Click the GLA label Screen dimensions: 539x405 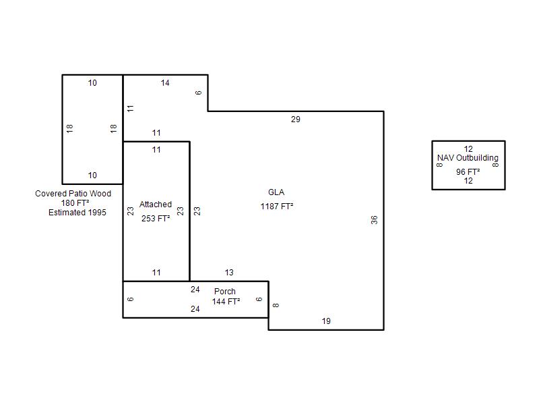click(x=276, y=192)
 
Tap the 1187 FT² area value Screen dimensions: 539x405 click(x=277, y=207)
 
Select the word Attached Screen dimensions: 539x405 click(x=156, y=205)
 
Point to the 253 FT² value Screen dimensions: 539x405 click(x=156, y=218)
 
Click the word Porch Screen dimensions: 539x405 click(x=225, y=292)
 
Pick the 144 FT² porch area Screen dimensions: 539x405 click(x=226, y=302)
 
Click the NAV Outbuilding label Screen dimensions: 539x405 click(x=468, y=158)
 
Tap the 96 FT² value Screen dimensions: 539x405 click(x=468, y=171)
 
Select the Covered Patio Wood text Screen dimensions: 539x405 click(x=73, y=194)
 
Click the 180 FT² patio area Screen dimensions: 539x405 click(x=75, y=203)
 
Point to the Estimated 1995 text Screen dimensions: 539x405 click(x=77, y=213)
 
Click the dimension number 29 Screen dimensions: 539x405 click(x=296, y=119)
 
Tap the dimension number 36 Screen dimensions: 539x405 click(x=375, y=220)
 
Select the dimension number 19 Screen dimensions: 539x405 click(x=326, y=321)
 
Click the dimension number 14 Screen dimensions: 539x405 click(x=165, y=83)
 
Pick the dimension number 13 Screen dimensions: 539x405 click(x=229, y=273)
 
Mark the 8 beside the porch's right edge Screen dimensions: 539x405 click(x=276, y=305)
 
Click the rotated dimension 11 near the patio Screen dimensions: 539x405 click(x=130, y=109)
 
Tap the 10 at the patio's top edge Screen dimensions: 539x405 click(x=92, y=83)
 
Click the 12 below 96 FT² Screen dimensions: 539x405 click(x=468, y=181)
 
